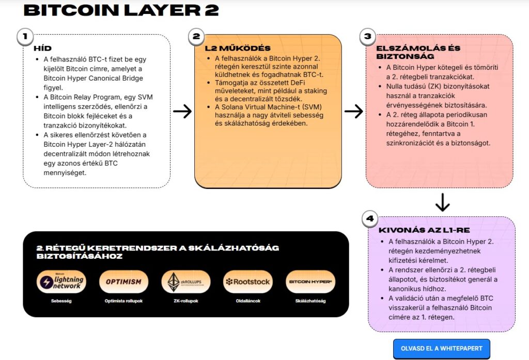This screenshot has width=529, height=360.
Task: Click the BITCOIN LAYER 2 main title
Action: (121, 10)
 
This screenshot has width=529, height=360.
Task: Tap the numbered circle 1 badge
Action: (25, 36)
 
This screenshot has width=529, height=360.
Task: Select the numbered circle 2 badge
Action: (196, 36)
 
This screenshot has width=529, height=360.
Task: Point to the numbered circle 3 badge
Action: (368, 36)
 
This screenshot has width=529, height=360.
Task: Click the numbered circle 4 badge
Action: (370, 218)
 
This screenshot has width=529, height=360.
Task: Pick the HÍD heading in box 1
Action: (42, 48)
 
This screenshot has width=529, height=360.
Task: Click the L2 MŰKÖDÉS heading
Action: (238, 48)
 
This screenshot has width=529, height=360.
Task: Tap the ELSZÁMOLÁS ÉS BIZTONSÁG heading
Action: (418, 52)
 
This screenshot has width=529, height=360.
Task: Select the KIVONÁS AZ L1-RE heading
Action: (424, 230)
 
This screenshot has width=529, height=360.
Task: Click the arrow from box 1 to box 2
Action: (182, 112)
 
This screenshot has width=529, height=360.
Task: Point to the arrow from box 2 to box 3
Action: (353, 112)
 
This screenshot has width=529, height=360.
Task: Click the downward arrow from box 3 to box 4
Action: (442, 202)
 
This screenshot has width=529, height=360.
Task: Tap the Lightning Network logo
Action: (61, 281)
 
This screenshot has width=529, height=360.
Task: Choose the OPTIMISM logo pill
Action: (124, 281)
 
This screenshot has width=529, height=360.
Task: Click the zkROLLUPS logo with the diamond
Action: (186, 281)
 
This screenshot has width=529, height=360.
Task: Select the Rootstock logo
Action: (248, 281)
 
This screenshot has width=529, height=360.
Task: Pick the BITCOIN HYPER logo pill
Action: (310, 281)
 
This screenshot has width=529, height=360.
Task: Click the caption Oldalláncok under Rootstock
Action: (248, 301)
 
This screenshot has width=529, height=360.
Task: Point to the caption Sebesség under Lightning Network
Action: (61, 301)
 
